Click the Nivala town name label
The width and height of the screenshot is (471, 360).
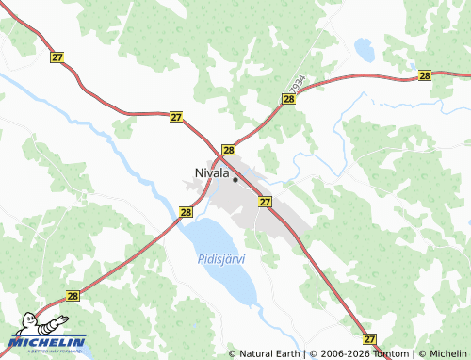[x=211, y=173]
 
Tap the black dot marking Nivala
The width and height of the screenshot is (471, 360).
[x=235, y=179]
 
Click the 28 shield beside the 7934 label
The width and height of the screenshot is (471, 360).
[x=288, y=98]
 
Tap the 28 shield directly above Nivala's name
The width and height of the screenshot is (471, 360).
[x=228, y=150]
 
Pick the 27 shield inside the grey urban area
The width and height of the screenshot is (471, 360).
[x=265, y=202]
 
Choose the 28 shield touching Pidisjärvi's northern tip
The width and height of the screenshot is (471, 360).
[x=186, y=212]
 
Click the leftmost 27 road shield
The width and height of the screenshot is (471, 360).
[x=57, y=57]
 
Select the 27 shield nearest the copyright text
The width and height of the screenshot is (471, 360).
[x=369, y=338]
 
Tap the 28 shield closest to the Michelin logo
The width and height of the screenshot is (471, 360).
[x=73, y=295]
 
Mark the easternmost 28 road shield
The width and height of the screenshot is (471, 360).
[x=425, y=75]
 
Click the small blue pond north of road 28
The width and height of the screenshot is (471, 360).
[x=364, y=48]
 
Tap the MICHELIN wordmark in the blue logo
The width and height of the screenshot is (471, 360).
[x=49, y=341]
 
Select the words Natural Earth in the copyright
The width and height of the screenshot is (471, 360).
[x=269, y=354]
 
